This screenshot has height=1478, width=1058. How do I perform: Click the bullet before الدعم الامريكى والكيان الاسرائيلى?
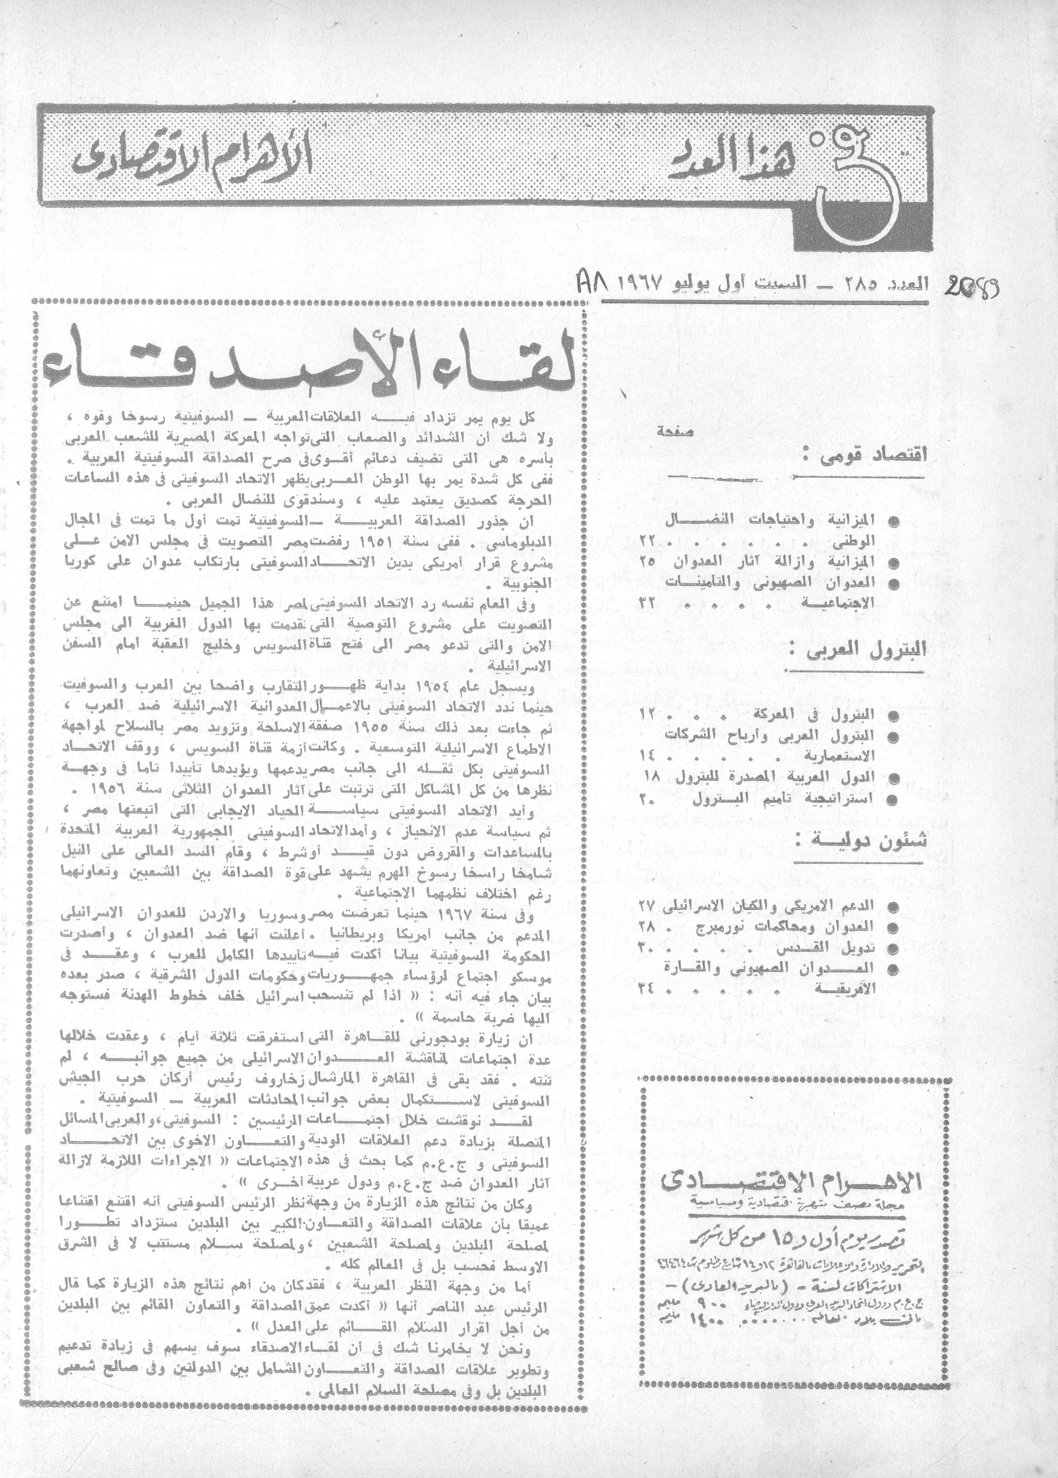coord(895,907)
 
